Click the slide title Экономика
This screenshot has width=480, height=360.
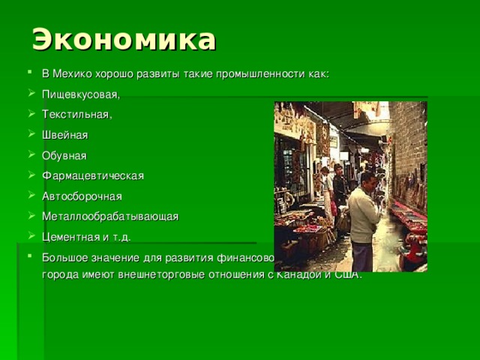[124, 39]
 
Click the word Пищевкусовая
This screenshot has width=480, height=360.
[81, 94]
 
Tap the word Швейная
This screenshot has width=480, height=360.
[65, 135]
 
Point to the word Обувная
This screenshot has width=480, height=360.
[64, 155]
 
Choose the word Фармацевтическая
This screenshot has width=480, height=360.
[93, 175]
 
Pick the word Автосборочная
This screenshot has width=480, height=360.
[82, 196]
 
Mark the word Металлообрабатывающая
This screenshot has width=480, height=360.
[110, 217]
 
